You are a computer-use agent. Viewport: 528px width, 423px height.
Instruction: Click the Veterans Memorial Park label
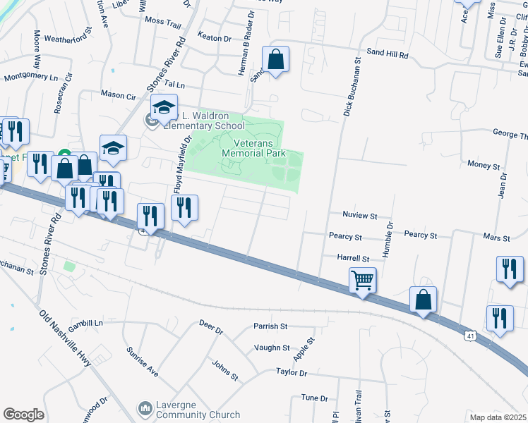coord(253,147)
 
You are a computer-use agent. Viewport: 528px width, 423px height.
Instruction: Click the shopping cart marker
coord(362,279)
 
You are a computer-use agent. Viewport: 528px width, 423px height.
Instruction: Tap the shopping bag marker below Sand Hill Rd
coord(276,61)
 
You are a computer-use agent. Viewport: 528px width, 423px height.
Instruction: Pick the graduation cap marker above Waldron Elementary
coord(164,108)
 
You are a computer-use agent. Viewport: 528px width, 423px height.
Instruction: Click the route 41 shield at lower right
coord(469,336)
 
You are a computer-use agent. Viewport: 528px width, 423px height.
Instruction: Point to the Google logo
coord(23,415)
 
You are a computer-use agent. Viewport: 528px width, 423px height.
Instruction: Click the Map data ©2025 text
coord(498,417)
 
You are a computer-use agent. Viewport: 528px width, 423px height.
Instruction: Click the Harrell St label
coord(353,259)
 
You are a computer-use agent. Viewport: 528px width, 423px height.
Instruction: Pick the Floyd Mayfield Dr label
coord(183,166)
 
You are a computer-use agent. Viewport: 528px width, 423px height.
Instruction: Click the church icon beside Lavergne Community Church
coord(145,408)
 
